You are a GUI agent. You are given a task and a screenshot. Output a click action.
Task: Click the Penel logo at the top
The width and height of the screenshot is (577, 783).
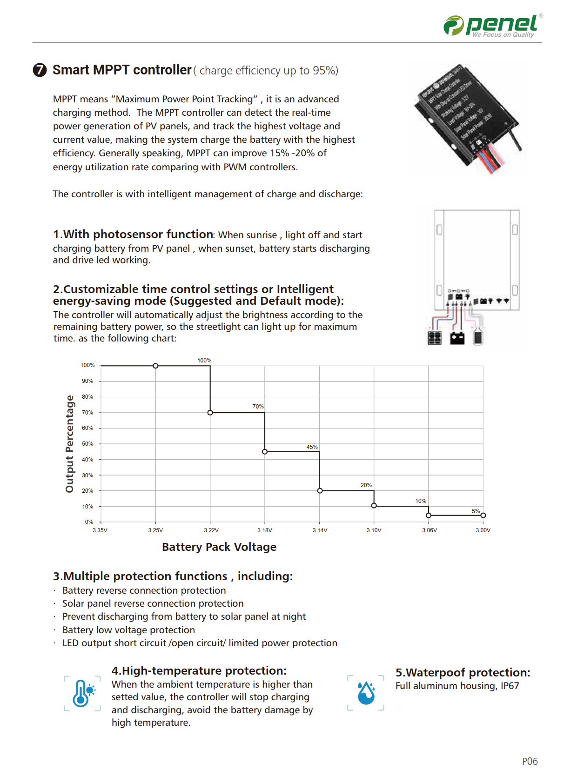coord(492,25)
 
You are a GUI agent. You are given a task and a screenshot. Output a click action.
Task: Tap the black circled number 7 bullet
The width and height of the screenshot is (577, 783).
coord(40,70)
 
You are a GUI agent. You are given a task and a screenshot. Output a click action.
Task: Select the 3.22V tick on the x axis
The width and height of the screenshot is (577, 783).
coord(211,530)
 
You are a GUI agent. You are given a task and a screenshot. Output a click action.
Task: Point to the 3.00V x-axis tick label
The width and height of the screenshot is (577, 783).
coord(483,530)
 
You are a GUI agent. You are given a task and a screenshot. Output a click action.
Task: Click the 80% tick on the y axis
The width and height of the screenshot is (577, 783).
coord(87,397)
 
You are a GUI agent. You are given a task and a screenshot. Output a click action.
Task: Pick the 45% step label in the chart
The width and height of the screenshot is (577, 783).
coord(312,447)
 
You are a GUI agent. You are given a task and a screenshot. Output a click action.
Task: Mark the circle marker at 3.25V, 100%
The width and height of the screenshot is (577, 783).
coord(156,366)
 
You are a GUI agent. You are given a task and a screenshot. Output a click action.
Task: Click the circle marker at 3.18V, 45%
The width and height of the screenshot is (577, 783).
coord(265,452)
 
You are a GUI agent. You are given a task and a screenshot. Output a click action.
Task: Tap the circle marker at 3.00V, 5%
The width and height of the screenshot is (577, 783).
coord(483,515)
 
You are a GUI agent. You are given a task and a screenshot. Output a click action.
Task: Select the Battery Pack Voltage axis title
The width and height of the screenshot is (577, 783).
coord(219,547)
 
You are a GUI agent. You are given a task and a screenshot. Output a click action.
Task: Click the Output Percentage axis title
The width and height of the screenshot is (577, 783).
coord(70,444)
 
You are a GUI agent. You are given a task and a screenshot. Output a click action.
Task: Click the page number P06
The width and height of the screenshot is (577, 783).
coord(530,762)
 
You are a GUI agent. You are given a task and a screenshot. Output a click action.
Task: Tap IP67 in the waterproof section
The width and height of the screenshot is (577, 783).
coord(510,686)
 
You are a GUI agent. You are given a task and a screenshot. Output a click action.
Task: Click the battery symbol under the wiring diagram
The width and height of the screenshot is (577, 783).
coord(457,338)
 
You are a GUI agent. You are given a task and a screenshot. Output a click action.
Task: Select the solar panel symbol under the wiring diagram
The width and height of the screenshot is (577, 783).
coord(435,338)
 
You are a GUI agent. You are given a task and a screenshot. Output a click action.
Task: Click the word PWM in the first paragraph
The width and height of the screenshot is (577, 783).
coord(235,167)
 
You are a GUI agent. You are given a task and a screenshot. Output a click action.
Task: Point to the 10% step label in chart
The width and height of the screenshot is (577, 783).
coord(421,501)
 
